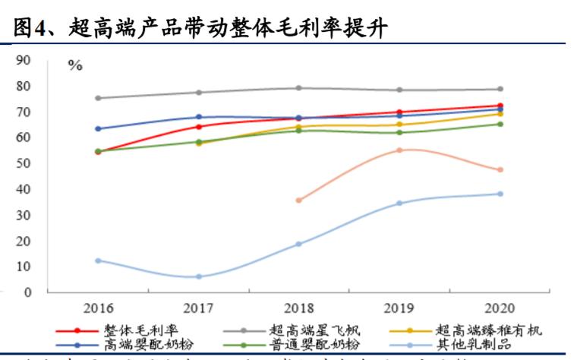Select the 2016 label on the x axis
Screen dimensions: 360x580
point(98,308)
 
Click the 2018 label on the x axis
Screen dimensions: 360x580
point(298,308)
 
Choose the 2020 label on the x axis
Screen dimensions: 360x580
point(499,308)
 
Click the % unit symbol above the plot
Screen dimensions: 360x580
point(75,66)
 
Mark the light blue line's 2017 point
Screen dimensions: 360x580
point(199,276)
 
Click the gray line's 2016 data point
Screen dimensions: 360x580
point(99,98)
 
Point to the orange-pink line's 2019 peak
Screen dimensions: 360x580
point(399,150)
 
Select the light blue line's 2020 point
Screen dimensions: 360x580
point(500,194)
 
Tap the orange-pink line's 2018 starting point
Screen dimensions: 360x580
point(299,200)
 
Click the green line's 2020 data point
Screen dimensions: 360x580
point(500,124)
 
